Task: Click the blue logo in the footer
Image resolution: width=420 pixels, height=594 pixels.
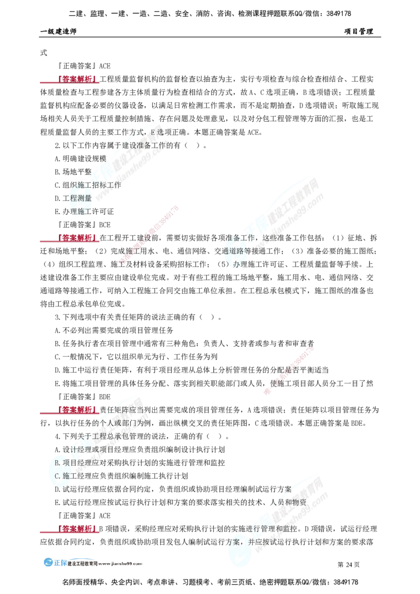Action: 55,562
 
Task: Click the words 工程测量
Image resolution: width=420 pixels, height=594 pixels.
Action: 80,198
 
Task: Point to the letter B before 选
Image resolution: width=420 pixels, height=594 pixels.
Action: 153,131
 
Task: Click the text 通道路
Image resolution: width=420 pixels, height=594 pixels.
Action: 235,251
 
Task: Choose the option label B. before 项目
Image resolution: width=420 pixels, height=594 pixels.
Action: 58,463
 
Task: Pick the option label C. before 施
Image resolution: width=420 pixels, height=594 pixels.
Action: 58,475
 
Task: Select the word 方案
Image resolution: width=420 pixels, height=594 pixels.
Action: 234,540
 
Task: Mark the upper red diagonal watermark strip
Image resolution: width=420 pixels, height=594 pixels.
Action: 150,234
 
